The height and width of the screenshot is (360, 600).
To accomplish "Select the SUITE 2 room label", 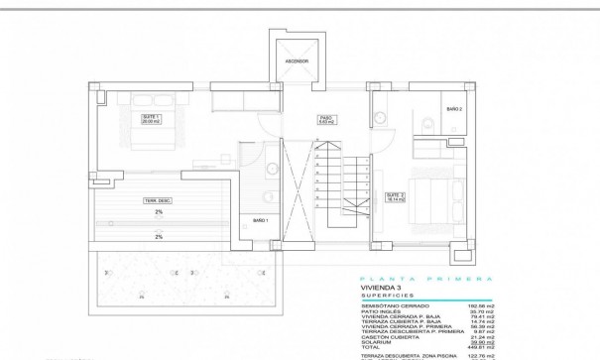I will pyautogui.click(x=396, y=196).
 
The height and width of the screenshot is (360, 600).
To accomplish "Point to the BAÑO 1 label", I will pyautogui.click(x=261, y=220).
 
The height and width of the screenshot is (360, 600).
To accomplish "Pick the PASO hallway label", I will pyautogui.click(x=324, y=118).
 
